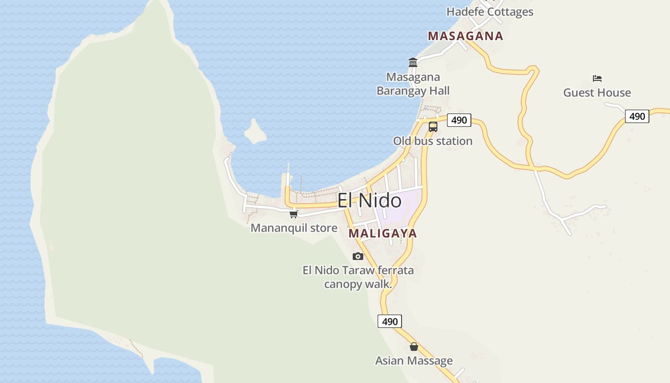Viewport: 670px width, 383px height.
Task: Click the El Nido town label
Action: point(369,200)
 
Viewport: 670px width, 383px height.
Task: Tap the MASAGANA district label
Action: point(465,36)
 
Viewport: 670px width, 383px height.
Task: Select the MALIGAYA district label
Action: point(383,234)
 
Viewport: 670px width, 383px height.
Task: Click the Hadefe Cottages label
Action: point(490,12)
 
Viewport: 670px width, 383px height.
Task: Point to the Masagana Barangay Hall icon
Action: point(413,62)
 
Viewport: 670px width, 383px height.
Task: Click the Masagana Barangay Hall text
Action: point(413,84)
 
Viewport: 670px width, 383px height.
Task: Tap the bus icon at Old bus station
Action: point(433,127)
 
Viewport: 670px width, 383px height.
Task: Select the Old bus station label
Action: point(433,141)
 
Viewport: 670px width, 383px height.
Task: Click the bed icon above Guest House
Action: point(597,79)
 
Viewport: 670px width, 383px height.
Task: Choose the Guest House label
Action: point(597,93)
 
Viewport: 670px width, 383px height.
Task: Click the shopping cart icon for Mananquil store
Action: point(294,214)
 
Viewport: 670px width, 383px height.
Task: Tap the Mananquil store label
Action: point(294,228)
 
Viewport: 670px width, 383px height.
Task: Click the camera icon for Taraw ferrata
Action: point(358,257)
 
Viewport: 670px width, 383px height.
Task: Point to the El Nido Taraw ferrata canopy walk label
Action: point(358,277)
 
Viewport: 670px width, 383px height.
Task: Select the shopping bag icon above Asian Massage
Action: point(414,347)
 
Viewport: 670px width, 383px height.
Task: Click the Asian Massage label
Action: point(414,360)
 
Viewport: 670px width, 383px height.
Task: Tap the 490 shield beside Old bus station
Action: point(459,120)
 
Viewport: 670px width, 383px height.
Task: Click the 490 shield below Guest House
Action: point(637,116)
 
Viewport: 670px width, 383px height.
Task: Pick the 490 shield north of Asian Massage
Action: point(390,321)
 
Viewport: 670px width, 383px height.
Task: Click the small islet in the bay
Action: point(255,132)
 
